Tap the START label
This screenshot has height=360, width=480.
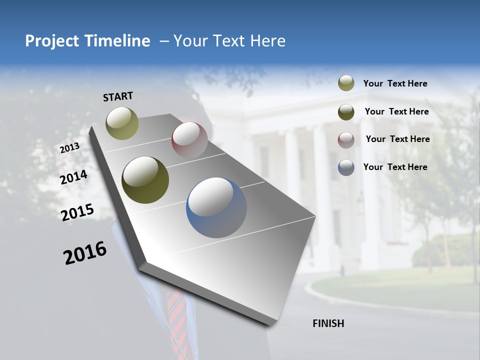(118, 96)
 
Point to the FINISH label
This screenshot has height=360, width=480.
(328, 323)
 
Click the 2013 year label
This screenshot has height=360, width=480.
(69, 148)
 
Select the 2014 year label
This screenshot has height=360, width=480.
(73, 177)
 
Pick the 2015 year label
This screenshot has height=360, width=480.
(77, 212)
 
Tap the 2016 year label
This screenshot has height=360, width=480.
(85, 252)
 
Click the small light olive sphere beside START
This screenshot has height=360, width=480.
(122, 123)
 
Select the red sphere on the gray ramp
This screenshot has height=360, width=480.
(189, 139)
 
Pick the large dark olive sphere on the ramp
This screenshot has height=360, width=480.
(145, 180)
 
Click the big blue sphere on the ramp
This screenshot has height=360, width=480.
(216, 207)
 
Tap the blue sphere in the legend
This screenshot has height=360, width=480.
(346, 167)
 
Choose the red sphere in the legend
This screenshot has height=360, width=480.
(346, 140)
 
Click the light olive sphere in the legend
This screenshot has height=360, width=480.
(346, 83)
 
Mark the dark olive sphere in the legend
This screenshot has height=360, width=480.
(346, 112)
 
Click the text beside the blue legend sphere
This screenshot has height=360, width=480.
(395, 167)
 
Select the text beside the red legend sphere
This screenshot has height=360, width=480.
(397, 139)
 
